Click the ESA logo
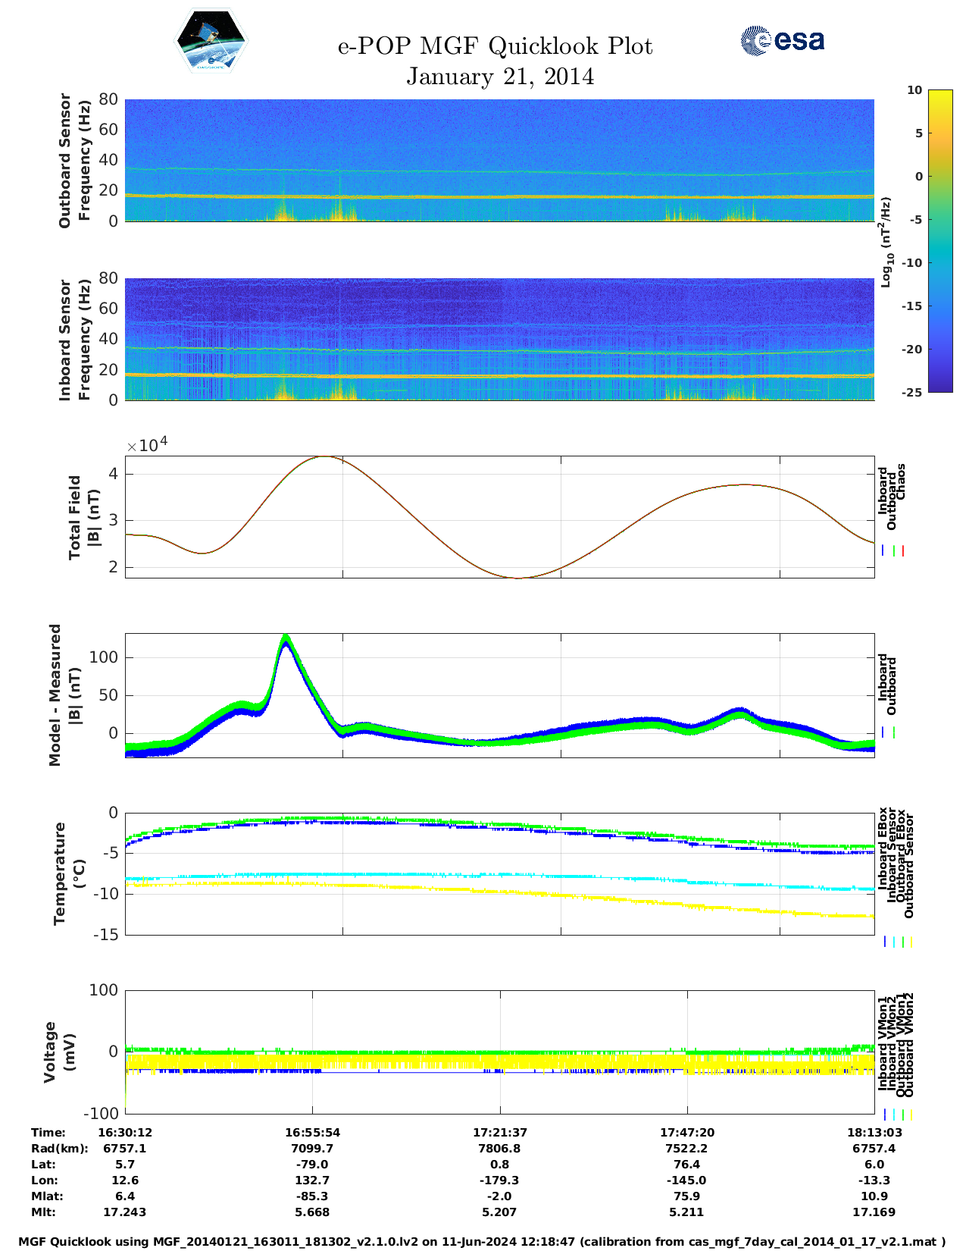(x=783, y=40)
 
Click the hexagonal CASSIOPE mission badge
(x=211, y=41)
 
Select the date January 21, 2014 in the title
(x=500, y=77)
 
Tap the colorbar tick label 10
(x=914, y=90)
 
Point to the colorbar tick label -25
(x=911, y=392)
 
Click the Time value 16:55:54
(x=312, y=1133)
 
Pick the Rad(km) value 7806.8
(x=499, y=1149)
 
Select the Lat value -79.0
(x=312, y=1165)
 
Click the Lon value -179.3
(x=499, y=1180)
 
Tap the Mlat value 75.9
(x=686, y=1196)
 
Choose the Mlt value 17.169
(x=874, y=1212)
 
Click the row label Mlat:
(x=47, y=1196)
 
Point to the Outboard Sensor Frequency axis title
(x=74, y=160)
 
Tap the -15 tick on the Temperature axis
(x=105, y=935)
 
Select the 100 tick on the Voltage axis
(x=105, y=990)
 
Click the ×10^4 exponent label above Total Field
(x=147, y=445)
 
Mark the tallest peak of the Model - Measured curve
(x=286, y=638)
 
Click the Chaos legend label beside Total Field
(x=901, y=482)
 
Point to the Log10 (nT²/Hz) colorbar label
(x=886, y=242)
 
